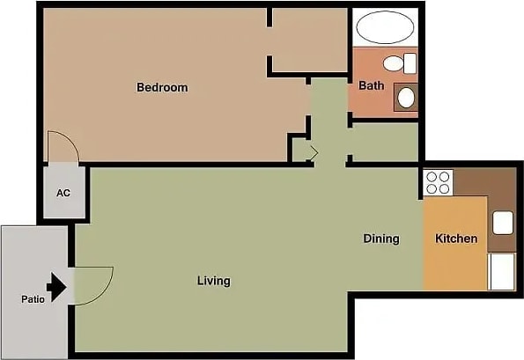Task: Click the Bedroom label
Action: point(162,87)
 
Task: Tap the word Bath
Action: point(371,85)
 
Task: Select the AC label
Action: point(63,193)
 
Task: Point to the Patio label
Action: point(33,298)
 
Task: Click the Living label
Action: point(213,281)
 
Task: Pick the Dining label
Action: point(381,239)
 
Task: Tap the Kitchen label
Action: point(456,239)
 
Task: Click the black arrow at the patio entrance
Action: point(57,287)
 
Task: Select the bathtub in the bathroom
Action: point(385,27)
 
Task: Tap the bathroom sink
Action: point(407,96)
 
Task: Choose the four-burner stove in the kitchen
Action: point(439,182)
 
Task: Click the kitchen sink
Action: point(502,223)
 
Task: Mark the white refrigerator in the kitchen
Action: point(502,271)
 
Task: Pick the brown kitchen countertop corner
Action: point(493,180)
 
